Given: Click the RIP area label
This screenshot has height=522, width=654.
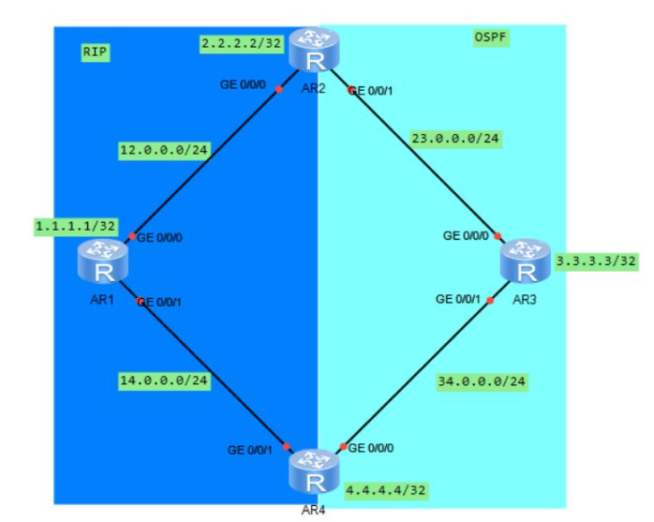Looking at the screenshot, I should [96, 52].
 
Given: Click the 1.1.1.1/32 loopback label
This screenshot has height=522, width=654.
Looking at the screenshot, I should [75, 226].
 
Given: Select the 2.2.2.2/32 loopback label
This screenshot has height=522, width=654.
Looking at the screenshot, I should [241, 44].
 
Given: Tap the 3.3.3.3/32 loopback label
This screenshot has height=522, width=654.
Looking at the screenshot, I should [596, 261].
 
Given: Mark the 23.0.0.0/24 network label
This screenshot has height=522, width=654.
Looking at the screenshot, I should [455, 140].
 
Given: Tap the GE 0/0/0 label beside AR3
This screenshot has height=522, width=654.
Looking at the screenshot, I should [468, 235].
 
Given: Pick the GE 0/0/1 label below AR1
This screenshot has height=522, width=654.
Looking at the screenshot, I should [161, 302].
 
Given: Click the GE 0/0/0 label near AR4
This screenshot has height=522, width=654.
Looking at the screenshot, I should [373, 447].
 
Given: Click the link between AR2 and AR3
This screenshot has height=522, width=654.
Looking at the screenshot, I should [422, 161].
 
